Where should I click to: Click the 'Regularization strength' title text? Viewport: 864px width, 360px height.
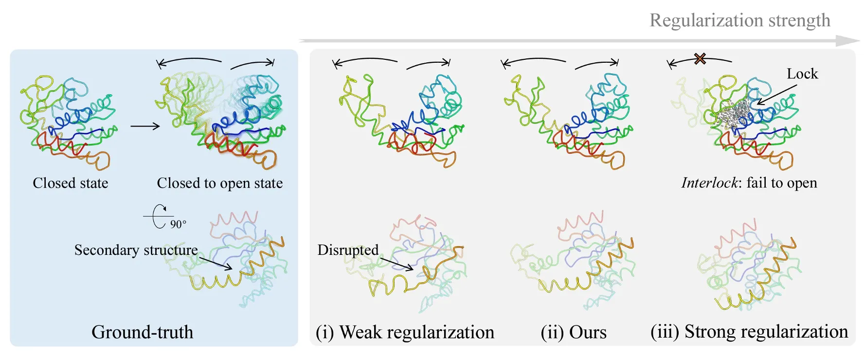(x=739, y=20)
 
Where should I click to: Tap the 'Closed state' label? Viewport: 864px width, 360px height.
(x=71, y=183)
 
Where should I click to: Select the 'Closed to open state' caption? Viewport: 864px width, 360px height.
(x=219, y=183)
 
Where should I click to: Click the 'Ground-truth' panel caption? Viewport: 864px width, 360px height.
(x=142, y=332)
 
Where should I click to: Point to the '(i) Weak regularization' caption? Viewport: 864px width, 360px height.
(x=405, y=332)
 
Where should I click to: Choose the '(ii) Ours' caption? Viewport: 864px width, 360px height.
(x=574, y=332)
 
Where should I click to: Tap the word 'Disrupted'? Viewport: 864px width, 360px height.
(x=348, y=250)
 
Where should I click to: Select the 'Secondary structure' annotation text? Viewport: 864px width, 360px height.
(x=136, y=250)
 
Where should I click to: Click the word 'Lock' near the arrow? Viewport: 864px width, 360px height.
(x=802, y=74)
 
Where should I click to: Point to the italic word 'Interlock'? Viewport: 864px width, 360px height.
(x=710, y=183)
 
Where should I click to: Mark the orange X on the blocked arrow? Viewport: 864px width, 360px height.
(x=700, y=59)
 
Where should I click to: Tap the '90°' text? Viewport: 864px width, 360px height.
(x=178, y=224)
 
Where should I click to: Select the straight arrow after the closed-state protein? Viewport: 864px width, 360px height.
(x=145, y=126)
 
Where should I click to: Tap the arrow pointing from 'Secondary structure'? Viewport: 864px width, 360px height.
(x=216, y=263)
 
